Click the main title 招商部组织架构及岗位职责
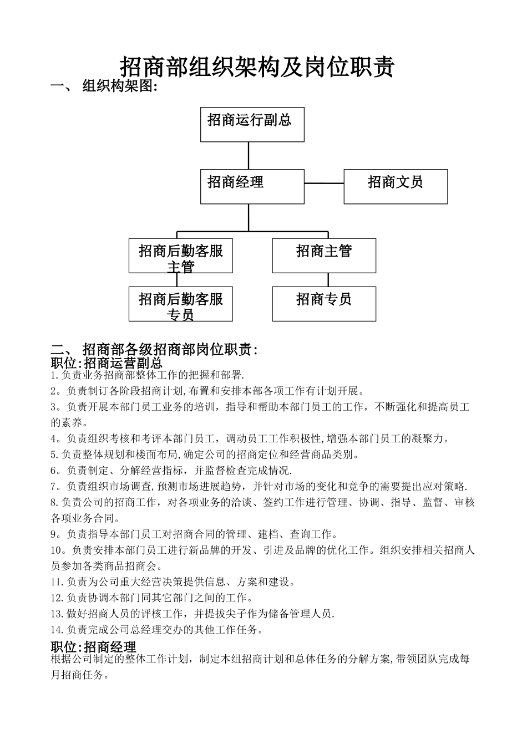tap(257, 67)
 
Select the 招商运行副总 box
tap(252, 124)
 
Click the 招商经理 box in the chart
tap(252, 186)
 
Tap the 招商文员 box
tap(396, 186)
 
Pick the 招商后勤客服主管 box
tap(180, 256)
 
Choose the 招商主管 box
tap(324, 256)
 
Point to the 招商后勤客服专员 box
tap(180, 304)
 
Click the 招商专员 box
tap(324, 304)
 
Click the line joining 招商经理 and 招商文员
tap(324, 183)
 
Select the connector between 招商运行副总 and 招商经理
tap(249, 155)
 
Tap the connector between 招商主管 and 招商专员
tap(328, 279)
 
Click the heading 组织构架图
tap(119, 86)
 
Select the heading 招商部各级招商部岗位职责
tap(170, 349)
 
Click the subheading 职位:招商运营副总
tap(107, 363)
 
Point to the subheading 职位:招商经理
tap(93, 647)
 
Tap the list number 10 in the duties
tap(58, 550)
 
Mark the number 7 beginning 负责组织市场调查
tap(54, 487)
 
